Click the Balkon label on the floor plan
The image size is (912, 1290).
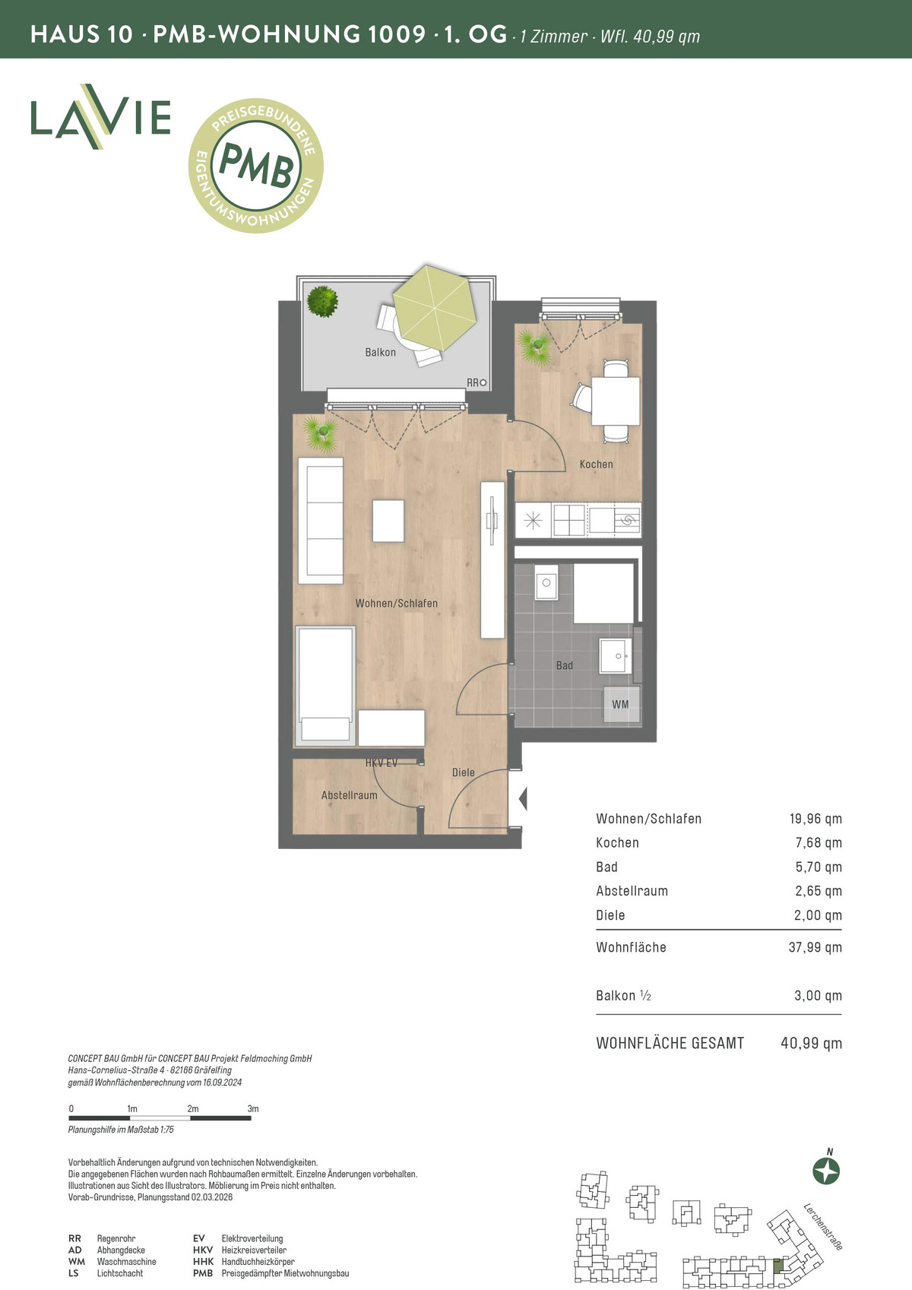(380, 352)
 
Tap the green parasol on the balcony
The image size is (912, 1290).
(435, 308)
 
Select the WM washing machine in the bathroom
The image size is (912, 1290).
(621, 705)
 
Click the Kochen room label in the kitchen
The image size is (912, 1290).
(596, 464)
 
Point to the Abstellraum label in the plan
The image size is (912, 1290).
(349, 795)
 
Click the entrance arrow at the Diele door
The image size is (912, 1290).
(523, 799)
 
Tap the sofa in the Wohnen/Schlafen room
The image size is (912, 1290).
(321, 521)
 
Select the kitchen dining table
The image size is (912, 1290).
(616, 401)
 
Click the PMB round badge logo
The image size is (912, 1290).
(256, 165)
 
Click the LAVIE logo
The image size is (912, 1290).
(101, 117)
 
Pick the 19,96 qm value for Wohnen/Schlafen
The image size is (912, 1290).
(815, 819)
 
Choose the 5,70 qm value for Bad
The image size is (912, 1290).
(819, 867)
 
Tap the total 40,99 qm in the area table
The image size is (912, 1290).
(811, 1043)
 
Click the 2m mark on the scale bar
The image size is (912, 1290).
(192, 1108)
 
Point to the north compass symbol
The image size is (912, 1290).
(826, 1171)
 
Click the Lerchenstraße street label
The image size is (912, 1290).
(823, 1226)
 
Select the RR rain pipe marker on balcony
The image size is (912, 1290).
(477, 382)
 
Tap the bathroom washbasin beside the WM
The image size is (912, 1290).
(616, 656)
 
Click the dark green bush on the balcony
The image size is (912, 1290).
(322, 301)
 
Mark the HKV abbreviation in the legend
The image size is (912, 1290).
(203, 1250)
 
